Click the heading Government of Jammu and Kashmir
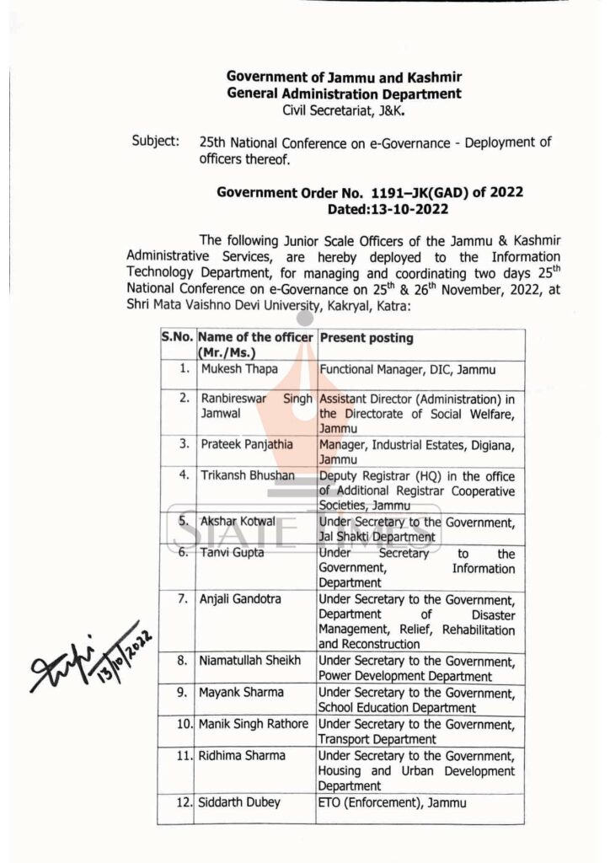[345, 77]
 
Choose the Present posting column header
[367, 338]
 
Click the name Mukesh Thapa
[233, 369]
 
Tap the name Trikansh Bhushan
[247, 475]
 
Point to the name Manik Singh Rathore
[254, 724]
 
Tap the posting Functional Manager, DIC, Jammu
[407, 369]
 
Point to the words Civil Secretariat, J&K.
[344, 110]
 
